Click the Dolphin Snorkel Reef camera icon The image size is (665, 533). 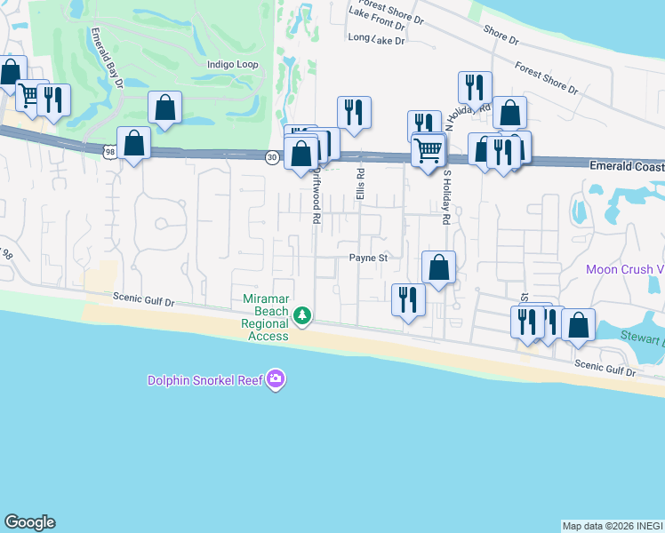click(276, 380)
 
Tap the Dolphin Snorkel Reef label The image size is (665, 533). click(207, 381)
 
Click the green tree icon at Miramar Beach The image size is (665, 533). click(302, 315)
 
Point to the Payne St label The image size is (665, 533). click(369, 259)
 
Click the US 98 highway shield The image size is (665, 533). click(108, 152)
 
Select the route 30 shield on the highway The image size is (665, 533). click(272, 157)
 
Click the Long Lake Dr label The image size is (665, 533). click(376, 39)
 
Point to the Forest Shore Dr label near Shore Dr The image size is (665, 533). click(546, 77)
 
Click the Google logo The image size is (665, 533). click(29, 522)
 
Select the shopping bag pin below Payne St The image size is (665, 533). click(438, 266)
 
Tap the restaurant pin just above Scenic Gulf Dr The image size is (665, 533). click(409, 298)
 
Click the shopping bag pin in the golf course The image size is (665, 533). click(165, 107)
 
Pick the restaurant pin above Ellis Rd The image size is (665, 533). click(354, 113)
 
